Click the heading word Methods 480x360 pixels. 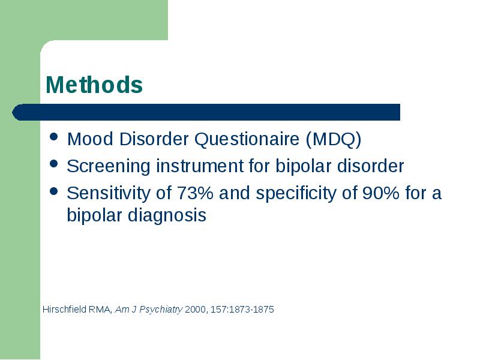point(94,85)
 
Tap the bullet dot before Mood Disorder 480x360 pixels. point(53,137)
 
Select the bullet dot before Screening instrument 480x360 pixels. point(53,163)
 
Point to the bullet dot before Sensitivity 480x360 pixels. point(53,191)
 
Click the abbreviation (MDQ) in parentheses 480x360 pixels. point(334,139)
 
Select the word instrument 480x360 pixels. point(200,166)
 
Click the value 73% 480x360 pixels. point(195,193)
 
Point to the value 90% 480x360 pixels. point(381,193)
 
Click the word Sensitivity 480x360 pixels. point(109,193)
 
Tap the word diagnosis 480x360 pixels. point(167,216)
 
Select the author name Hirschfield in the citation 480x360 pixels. point(65,309)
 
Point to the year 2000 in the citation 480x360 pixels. point(196,310)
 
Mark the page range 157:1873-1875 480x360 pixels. point(242,310)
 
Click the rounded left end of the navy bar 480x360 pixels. point(13,112)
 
